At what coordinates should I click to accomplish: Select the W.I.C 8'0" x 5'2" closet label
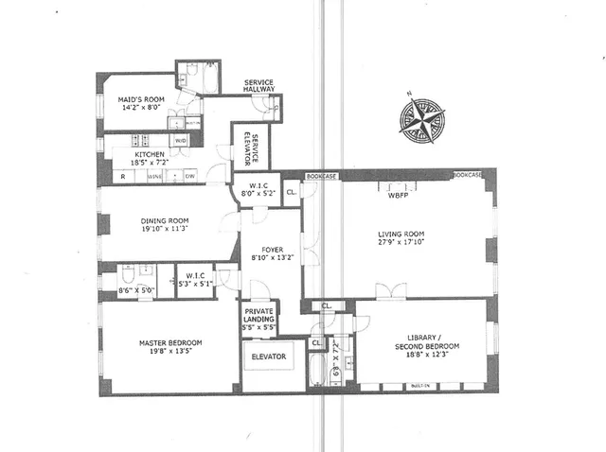point(258,189)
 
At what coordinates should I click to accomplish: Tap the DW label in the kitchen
point(189,176)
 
